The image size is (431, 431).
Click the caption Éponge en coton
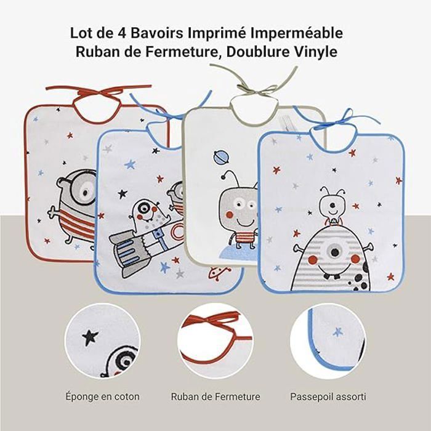(x=102, y=397)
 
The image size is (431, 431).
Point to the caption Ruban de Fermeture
(x=216, y=397)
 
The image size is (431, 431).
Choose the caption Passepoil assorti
(x=328, y=397)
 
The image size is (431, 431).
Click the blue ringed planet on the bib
(x=221, y=156)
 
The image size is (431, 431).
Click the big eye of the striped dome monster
(x=334, y=251)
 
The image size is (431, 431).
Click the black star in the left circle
(x=90, y=337)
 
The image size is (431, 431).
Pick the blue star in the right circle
(x=338, y=331)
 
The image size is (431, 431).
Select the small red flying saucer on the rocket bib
(x=219, y=273)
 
